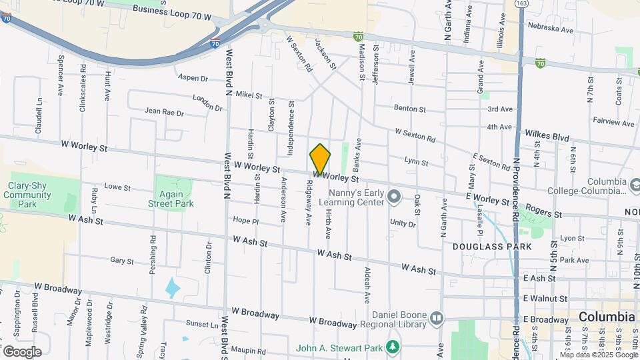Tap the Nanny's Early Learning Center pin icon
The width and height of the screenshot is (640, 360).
click(394, 196)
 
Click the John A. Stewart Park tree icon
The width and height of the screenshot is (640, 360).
click(394, 346)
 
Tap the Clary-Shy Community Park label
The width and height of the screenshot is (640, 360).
click(27, 195)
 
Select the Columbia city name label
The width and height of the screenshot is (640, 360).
click(606, 317)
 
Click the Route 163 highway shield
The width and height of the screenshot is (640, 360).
click(520, 4)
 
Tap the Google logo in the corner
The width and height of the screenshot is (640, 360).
click(21, 351)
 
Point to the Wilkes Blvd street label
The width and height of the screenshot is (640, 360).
click(547, 136)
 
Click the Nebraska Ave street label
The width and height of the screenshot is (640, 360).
click(550, 30)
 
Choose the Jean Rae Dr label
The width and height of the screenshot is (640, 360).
click(163, 113)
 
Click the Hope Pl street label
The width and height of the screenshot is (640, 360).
click(245, 220)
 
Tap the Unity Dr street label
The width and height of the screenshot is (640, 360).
click(403, 223)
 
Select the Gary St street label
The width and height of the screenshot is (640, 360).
click(122, 261)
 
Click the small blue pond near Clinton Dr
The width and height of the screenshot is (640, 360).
click(172, 288)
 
